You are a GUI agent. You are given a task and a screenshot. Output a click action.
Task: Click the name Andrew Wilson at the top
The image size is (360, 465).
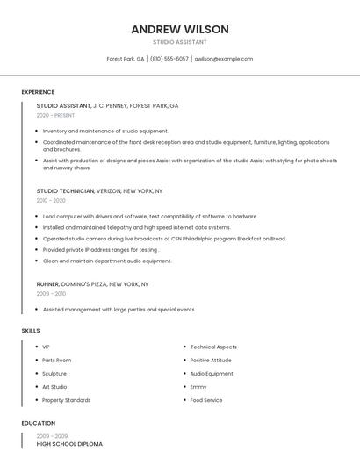point(180,29)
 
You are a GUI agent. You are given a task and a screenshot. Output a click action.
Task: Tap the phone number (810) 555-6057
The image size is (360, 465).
point(169,59)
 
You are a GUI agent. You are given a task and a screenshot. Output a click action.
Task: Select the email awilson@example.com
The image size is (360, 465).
point(224,59)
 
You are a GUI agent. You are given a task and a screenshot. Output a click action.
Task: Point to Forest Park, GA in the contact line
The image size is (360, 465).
point(126,59)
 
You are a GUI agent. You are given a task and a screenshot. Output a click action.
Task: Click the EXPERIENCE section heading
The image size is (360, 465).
point(38,92)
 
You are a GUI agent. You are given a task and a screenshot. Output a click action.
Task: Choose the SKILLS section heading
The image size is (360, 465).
point(31,331)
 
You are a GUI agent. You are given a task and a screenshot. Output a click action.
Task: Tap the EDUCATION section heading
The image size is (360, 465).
point(38,423)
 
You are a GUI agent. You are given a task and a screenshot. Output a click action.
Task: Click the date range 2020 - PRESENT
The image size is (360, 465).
point(55,115)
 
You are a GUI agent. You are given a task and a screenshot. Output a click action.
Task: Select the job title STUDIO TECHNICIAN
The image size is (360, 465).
point(65,190)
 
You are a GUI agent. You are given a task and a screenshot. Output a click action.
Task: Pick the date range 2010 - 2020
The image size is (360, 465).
point(51,200)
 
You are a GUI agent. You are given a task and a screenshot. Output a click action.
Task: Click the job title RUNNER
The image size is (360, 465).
point(47,284)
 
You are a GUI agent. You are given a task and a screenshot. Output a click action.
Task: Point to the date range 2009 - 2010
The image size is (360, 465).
point(51,294)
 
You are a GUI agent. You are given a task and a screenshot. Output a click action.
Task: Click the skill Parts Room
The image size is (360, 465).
point(56,361)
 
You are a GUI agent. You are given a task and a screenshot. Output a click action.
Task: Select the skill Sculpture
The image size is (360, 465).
point(54,374)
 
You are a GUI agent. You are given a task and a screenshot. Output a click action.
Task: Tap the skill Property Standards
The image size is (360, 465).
point(66,400)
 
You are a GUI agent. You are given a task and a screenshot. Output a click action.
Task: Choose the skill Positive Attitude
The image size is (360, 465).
point(211,361)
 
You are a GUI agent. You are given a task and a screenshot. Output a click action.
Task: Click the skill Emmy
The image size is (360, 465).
point(198,387)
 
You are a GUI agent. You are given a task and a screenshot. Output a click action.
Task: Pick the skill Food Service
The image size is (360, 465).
point(206,400)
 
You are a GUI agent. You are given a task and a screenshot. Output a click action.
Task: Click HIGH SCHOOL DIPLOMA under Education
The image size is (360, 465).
point(69,444)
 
